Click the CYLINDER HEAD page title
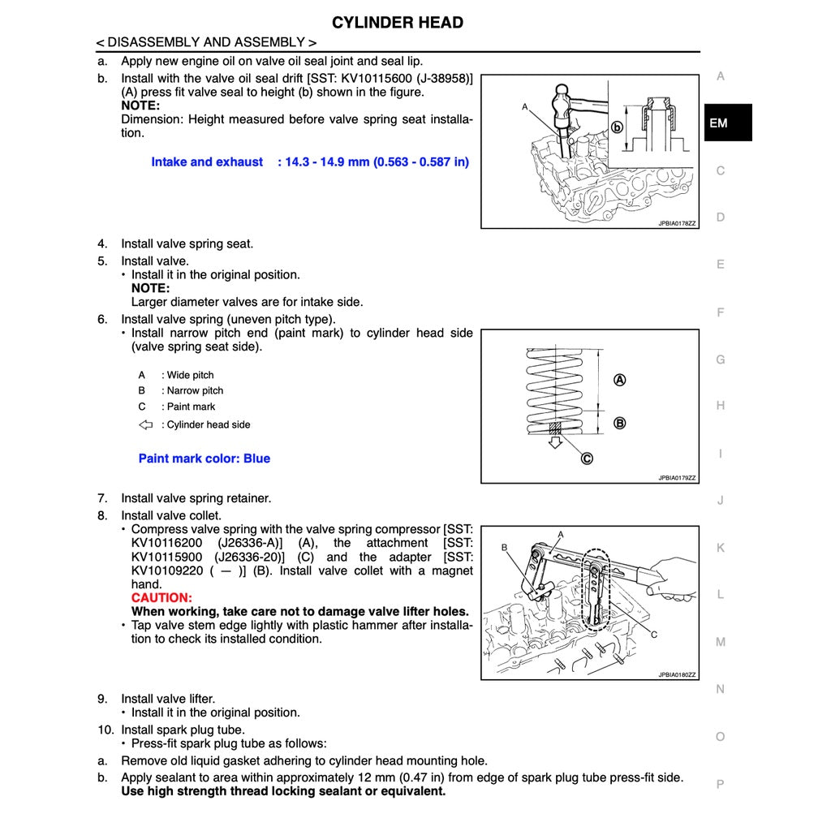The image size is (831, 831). (x=398, y=23)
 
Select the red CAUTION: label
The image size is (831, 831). (x=161, y=598)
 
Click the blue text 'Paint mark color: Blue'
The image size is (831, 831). (x=205, y=459)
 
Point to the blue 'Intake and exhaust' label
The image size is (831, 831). (x=207, y=162)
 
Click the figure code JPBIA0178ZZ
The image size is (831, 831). (x=677, y=223)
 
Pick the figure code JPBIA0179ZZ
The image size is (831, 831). (x=677, y=478)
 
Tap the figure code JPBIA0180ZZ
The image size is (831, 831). (x=677, y=675)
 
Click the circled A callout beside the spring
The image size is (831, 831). (x=619, y=380)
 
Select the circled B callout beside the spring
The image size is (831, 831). (x=619, y=423)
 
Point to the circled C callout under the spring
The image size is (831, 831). (x=586, y=459)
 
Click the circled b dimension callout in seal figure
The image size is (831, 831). (x=617, y=127)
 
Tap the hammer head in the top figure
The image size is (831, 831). (x=562, y=100)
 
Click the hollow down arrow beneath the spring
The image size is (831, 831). (x=556, y=442)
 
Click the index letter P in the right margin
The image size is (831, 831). (x=720, y=784)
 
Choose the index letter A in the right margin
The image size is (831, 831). (x=720, y=76)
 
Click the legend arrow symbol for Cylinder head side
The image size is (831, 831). (x=146, y=424)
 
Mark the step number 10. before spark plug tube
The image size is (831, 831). (x=108, y=730)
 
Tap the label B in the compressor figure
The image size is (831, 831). (x=504, y=548)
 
